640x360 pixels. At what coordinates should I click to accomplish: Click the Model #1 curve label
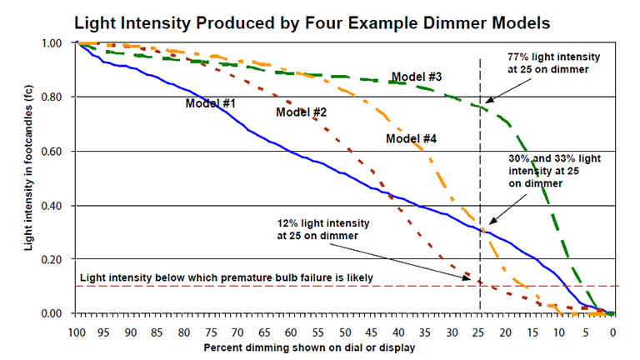pyautogui.click(x=211, y=103)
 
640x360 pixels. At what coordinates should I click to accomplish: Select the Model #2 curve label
pyautogui.click(x=301, y=112)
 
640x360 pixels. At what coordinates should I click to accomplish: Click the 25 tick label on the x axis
pyautogui.click(x=479, y=331)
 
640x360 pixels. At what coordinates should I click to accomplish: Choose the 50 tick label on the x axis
pyautogui.click(x=345, y=331)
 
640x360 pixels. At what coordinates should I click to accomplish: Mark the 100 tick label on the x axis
pyautogui.click(x=77, y=331)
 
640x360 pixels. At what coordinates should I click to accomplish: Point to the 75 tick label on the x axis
pyautogui.click(x=211, y=331)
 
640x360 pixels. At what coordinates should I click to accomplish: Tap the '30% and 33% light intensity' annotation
pyautogui.click(x=554, y=170)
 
